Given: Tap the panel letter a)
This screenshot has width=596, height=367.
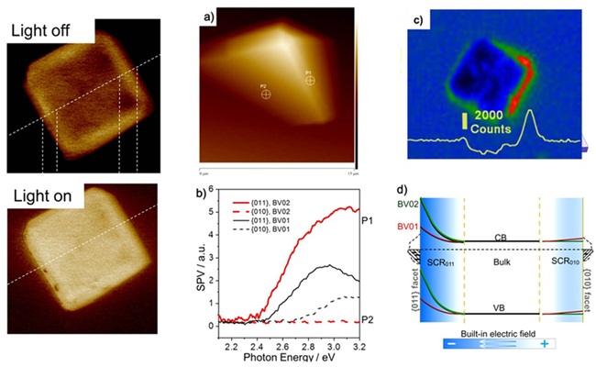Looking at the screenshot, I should point(212,15).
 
